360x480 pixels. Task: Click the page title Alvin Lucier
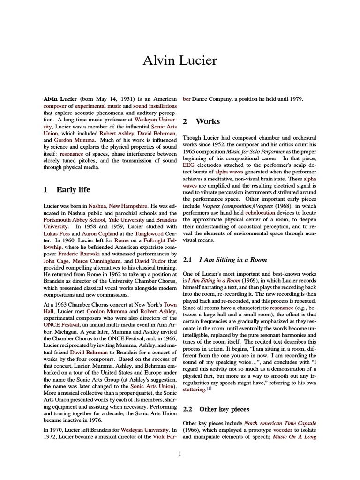pos(180,60)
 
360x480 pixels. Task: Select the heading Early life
pos(73,189)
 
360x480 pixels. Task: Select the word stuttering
pos(194,389)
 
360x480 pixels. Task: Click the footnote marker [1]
pos(209,388)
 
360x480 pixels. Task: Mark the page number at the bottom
pos(180,453)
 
